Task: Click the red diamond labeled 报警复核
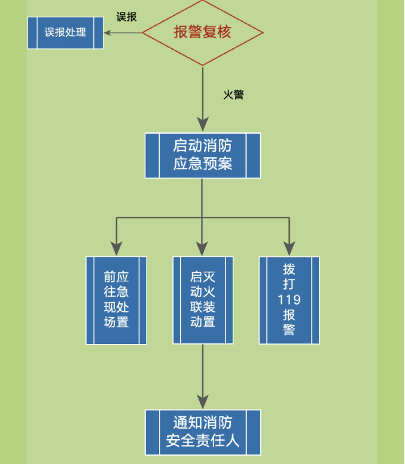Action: (202, 32)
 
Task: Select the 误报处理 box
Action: (65, 32)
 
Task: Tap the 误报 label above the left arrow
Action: (126, 17)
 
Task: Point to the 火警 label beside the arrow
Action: (233, 94)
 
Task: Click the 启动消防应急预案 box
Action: (202, 155)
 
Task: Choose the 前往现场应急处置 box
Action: (116, 300)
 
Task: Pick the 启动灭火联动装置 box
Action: (202, 300)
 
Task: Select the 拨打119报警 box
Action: (289, 300)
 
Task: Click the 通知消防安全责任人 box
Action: (202, 432)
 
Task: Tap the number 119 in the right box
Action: (289, 300)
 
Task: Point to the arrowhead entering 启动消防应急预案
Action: (202, 126)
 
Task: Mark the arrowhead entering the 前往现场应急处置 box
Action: (116, 249)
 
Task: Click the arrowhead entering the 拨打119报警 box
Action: (289, 249)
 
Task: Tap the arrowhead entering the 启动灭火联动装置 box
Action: (202, 249)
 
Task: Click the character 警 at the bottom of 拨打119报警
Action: (289, 331)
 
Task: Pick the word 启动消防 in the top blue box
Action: (202, 145)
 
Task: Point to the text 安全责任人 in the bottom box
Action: (202, 442)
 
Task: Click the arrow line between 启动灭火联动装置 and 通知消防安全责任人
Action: (202, 370)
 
